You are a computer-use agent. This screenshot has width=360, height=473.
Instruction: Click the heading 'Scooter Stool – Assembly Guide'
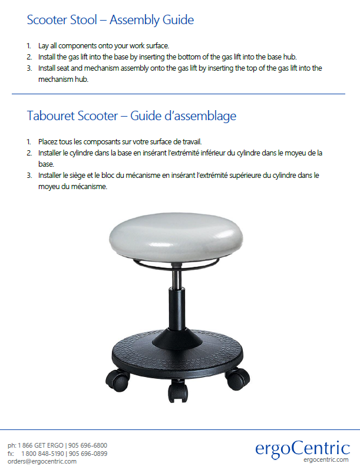pos(110,20)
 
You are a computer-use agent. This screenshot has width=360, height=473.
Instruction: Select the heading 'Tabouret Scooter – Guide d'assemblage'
pos(131,116)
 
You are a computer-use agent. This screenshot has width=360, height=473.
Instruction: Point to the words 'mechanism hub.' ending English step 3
pos(64,79)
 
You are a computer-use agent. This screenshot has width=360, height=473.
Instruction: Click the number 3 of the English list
pos(29,68)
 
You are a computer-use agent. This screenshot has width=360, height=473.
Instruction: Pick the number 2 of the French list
pos(29,153)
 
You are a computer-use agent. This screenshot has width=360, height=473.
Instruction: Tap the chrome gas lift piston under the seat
pos(177,277)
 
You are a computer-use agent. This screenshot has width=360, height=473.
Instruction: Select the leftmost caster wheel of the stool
pos(118,380)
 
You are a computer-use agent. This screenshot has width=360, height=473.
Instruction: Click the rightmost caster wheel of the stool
pos(238,379)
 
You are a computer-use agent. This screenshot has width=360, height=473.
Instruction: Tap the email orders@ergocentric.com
pos(42,462)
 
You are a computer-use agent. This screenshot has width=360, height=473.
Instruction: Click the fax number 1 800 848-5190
pos(42,454)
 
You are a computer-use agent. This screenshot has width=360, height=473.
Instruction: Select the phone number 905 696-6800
pos(88,445)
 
